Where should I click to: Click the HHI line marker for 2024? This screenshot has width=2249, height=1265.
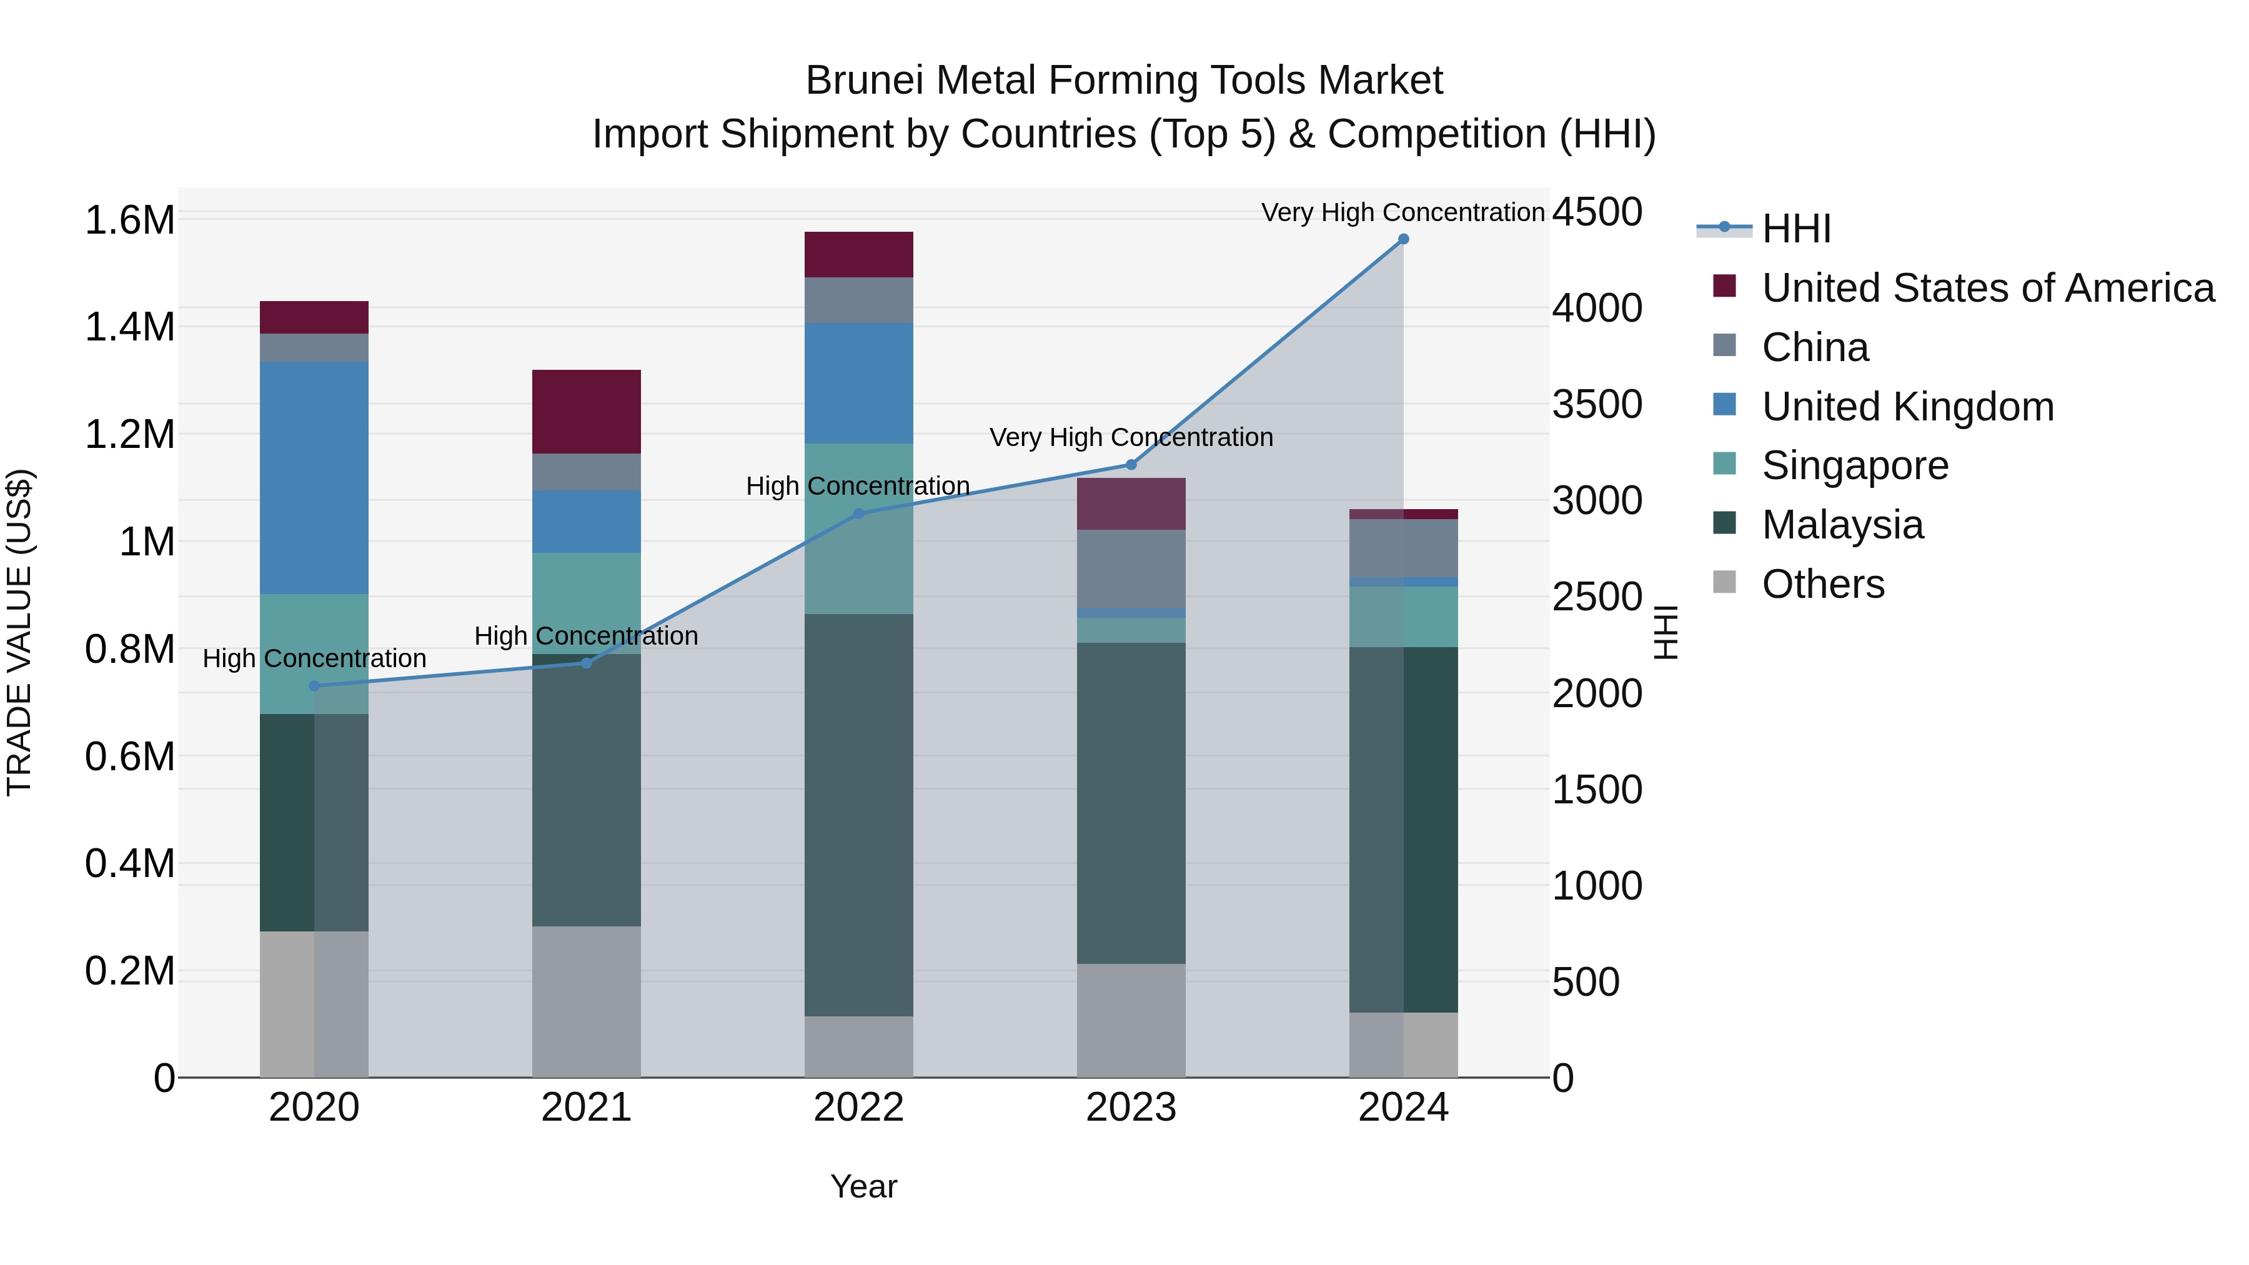pyautogui.click(x=1403, y=239)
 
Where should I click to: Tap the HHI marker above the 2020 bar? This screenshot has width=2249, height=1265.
pyautogui.click(x=314, y=686)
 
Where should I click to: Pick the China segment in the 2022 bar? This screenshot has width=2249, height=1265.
pyautogui.click(x=858, y=300)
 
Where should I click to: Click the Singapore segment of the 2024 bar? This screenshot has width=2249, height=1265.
pyautogui.click(x=1403, y=617)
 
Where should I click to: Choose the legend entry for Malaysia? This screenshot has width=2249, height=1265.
pyautogui.click(x=1842, y=525)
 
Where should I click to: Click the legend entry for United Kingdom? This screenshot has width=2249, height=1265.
pyautogui.click(x=1908, y=407)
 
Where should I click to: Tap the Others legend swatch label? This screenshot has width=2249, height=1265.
pyautogui.click(x=1823, y=584)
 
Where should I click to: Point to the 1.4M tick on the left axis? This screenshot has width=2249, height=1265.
pyautogui.click(x=130, y=327)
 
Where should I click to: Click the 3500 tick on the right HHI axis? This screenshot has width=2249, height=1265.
pyautogui.click(x=1597, y=404)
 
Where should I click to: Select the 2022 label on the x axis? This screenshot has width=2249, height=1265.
pyautogui.click(x=858, y=1108)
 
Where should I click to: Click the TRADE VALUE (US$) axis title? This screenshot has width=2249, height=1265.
pyautogui.click(x=19, y=632)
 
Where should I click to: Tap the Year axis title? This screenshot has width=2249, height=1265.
pyautogui.click(x=863, y=1186)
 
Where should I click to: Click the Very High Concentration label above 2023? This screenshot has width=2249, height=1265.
pyautogui.click(x=1131, y=437)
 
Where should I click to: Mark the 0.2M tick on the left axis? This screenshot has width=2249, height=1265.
pyautogui.click(x=130, y=971)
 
